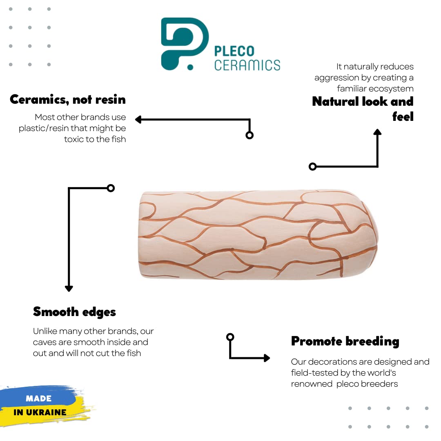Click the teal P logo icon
pos(184,43)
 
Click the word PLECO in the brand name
pos(234,51)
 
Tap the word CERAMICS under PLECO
pos(247,65)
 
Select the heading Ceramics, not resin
pos(68,99)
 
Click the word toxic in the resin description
pos(75,139)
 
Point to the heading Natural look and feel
pos(363,109)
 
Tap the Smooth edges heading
pos(74,312)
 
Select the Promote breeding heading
pos(345,341)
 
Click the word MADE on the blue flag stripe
pos(38,398)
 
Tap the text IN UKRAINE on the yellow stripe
pos(40,412)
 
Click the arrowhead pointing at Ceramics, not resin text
pos(138,120)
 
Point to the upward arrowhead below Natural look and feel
pos(377,132)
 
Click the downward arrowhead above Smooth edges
pos(69,288)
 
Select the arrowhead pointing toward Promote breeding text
pos(267,358)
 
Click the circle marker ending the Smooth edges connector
pos(110,188)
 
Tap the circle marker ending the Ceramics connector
pos(249,135)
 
